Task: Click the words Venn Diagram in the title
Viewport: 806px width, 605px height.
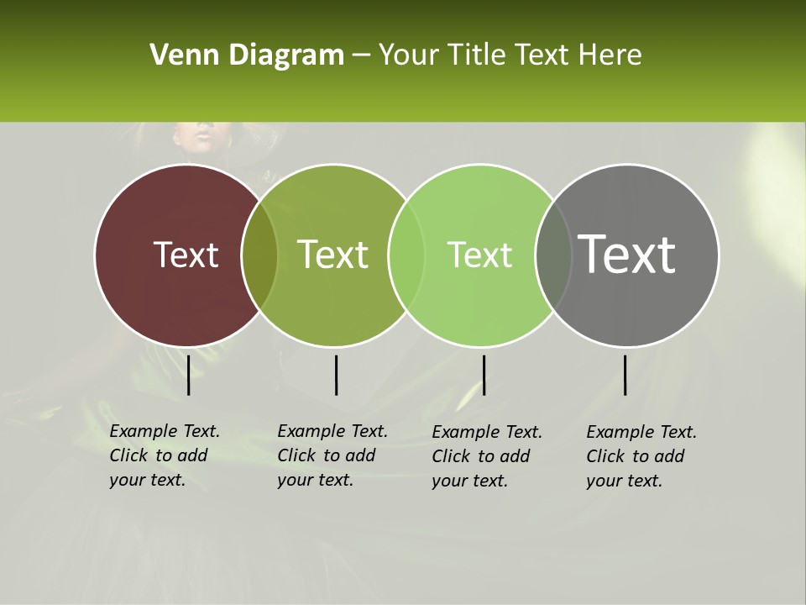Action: [x=247, y=55]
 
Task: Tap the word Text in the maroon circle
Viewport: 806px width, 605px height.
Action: [x=186, y=255]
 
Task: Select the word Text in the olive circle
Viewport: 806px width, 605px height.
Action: [x=332, y=255]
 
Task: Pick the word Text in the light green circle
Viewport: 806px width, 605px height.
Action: [x=479, y=255]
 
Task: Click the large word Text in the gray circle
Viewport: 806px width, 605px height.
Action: [x=626, y=254]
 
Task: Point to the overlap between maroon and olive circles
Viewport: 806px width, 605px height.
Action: [x=259, y=255]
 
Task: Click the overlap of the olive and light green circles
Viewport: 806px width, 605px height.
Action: [x=406, y=255]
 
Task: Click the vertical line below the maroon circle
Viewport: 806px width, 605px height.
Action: [x=189, y=375]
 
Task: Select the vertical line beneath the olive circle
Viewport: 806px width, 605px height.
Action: [x=336, y=375]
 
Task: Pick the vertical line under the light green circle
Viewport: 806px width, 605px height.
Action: [x=484, y=375]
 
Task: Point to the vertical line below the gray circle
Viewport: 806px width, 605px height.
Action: [x=625, y=375]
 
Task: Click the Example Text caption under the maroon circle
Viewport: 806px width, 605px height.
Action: [x=165, y=455]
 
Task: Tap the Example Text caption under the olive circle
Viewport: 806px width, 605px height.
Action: [x=332, y=455]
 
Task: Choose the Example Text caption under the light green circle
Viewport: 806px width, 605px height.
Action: [x=487, y=456]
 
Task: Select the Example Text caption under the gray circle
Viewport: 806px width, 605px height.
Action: [x=641, y=456]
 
